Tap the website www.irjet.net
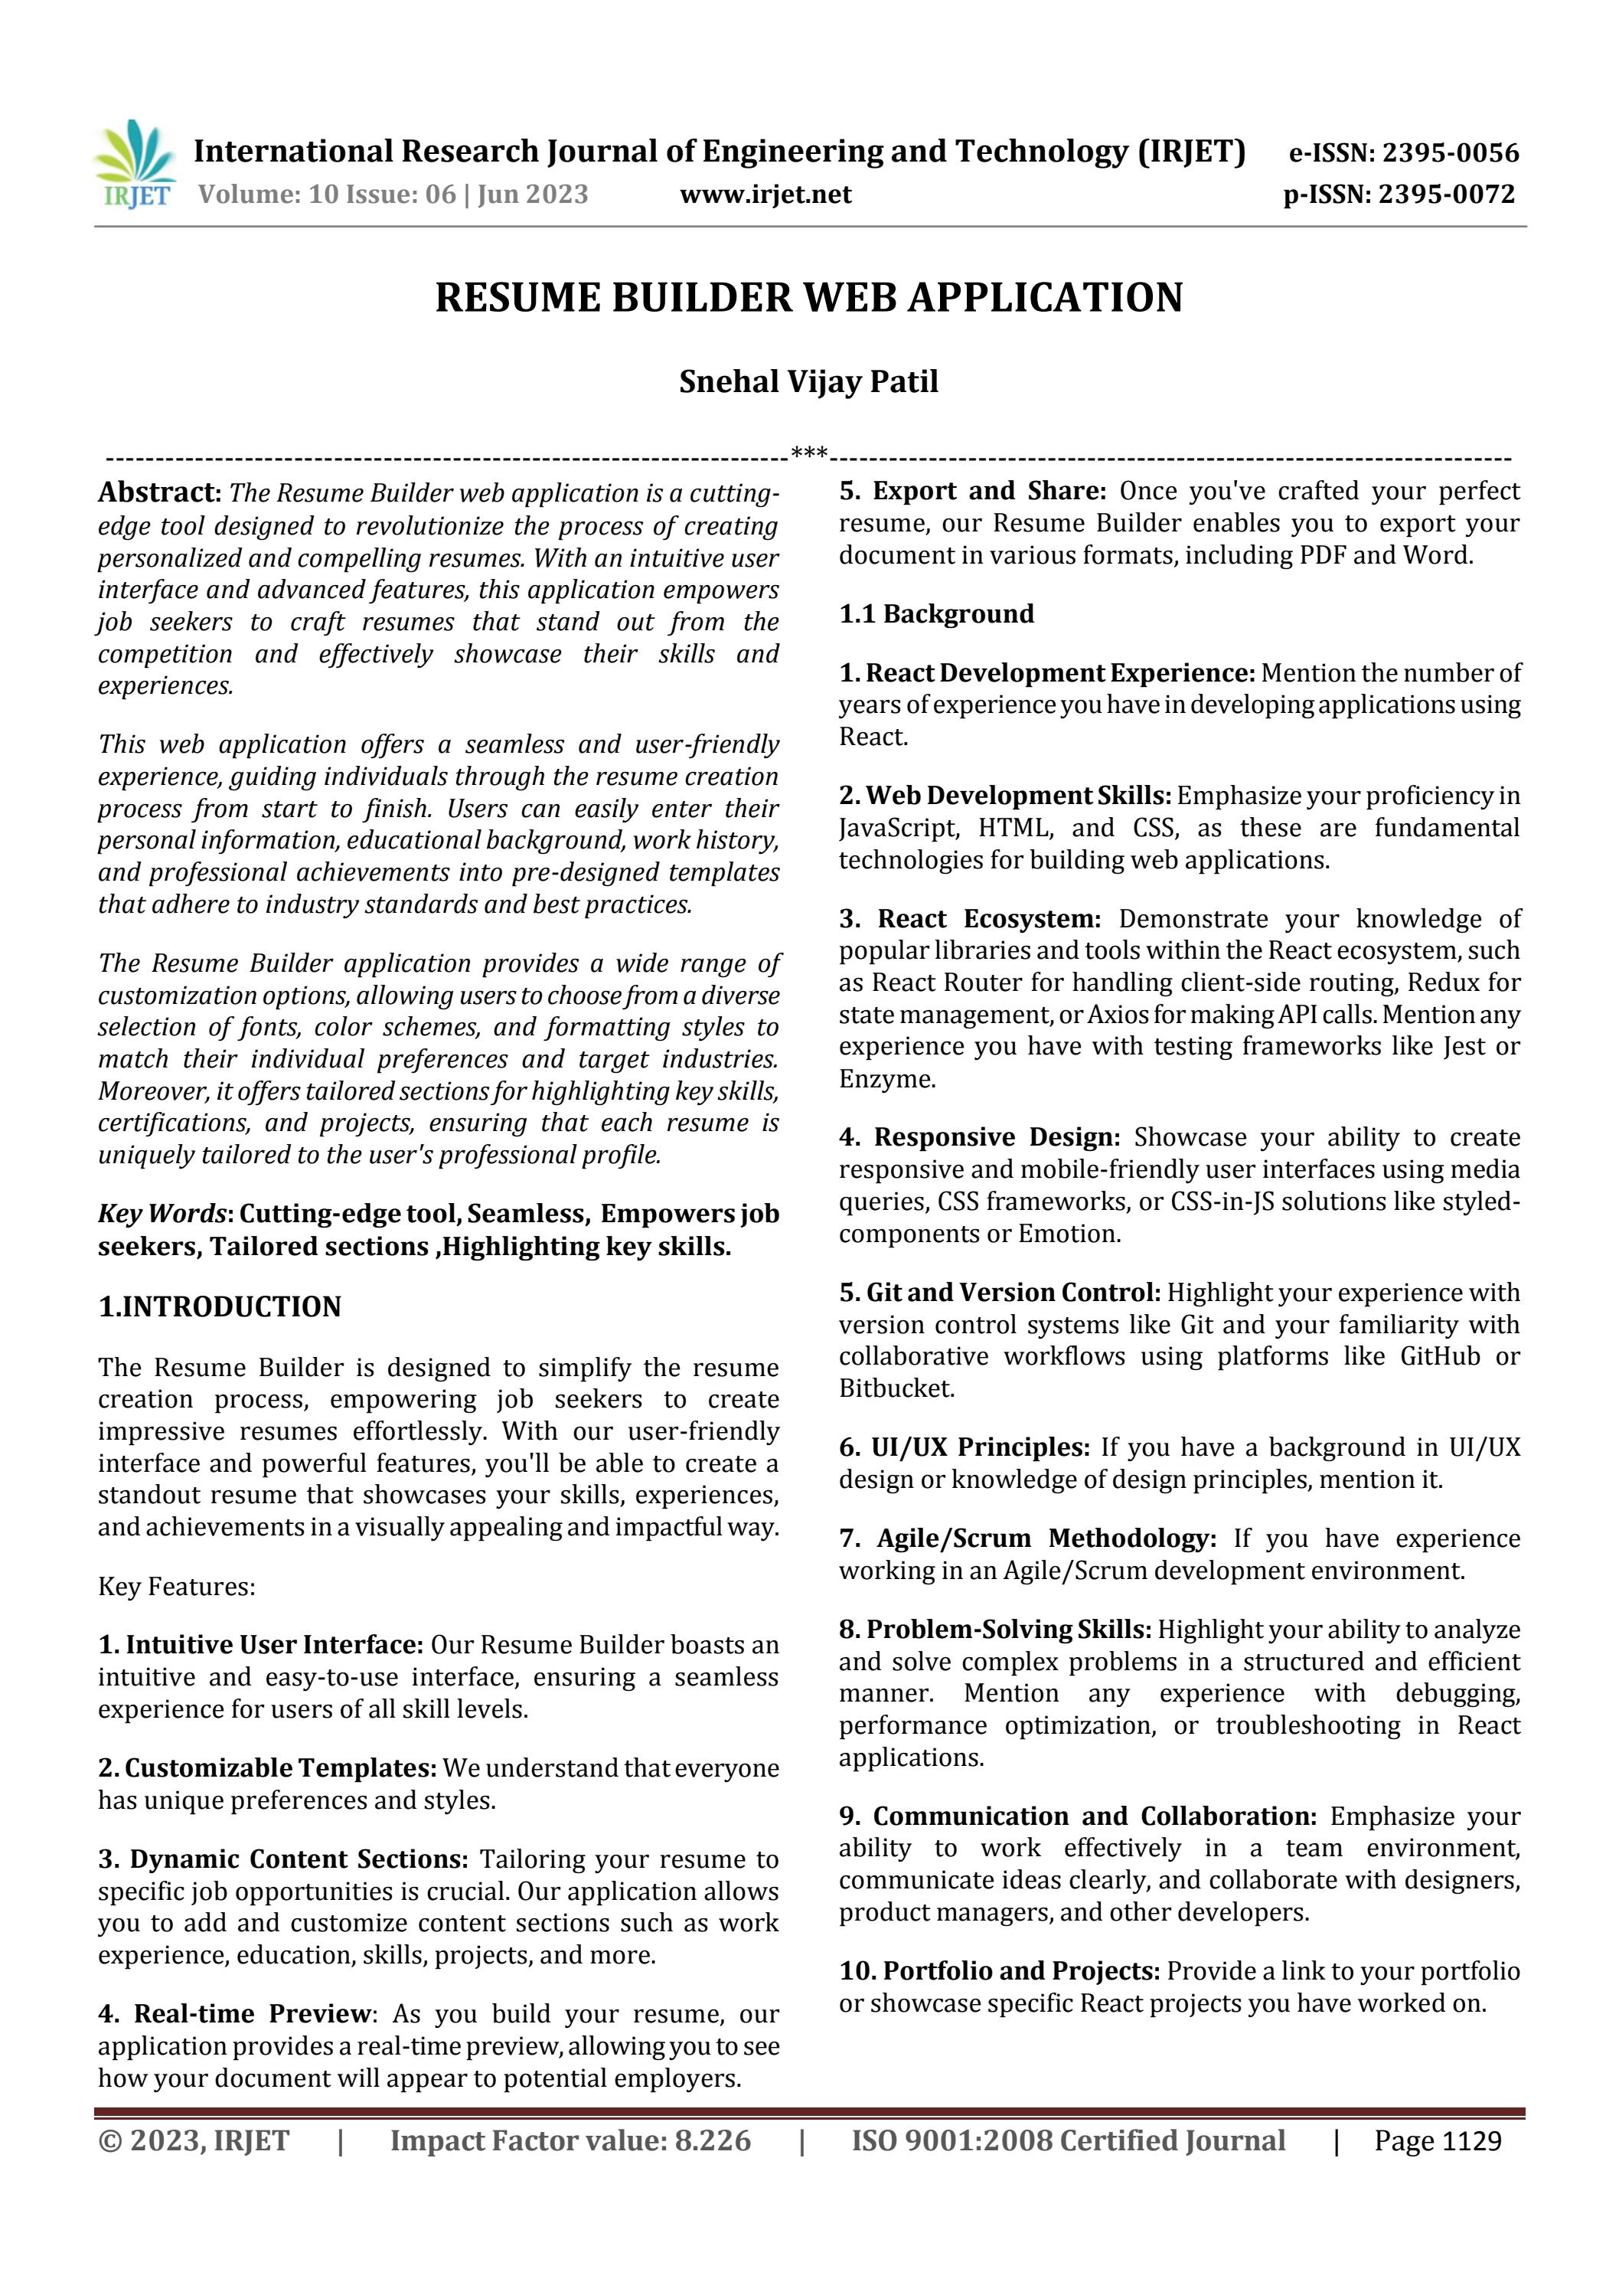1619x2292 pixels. tap(765, 195)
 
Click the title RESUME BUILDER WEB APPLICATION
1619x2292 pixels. tap(808, 297)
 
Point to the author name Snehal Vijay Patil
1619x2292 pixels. tap(808, 382)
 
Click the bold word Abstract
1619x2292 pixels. tap(158, 492)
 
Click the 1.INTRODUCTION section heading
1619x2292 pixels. tap(220, 1306)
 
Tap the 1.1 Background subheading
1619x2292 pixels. tap(935, 614)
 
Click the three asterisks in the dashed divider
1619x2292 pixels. tap(808, 454)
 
